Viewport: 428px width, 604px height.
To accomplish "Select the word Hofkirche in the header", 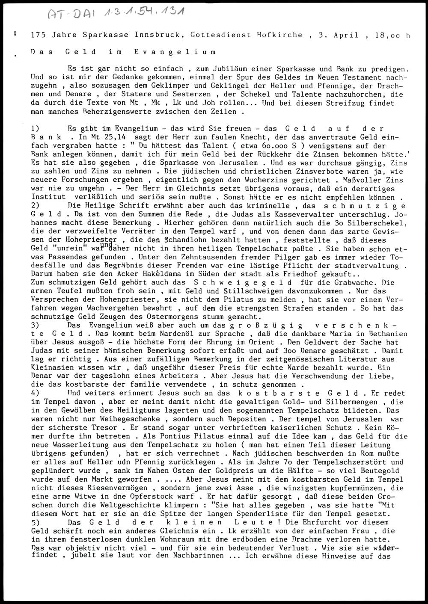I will tap(279, 35).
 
